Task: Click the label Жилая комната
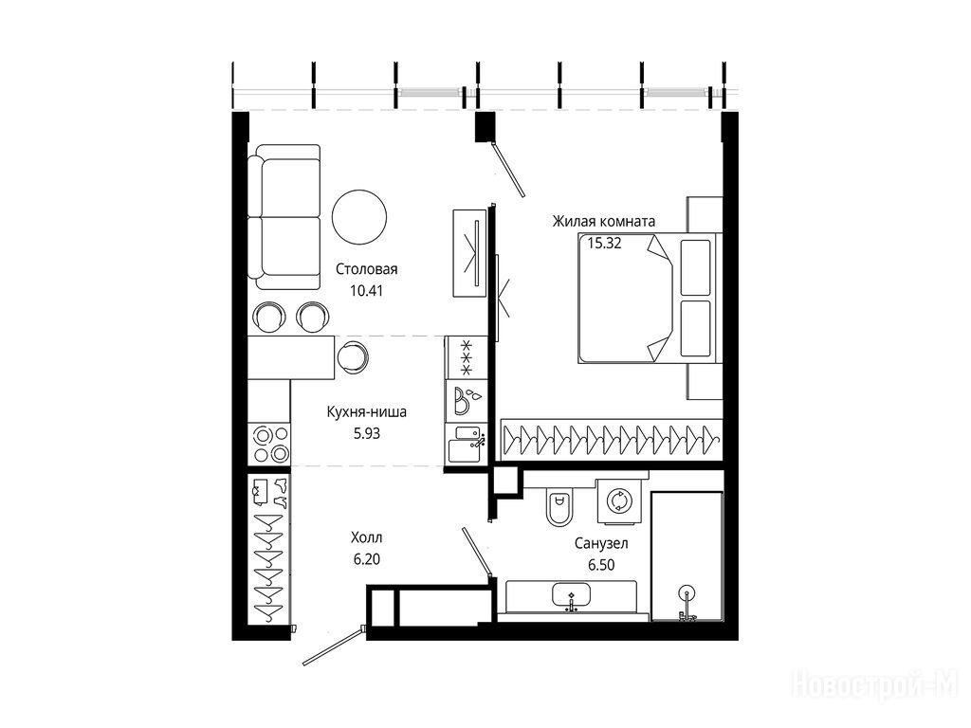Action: click(x=604, y=221)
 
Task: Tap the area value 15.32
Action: click(x=604, y=244)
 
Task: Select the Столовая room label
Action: click(x=367, y=269)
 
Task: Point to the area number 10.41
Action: click(x=367, y=290)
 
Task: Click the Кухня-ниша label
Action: click(x=367, y=411)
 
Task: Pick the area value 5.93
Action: click(x=367, y=434)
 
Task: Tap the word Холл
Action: click(x=367, y=537)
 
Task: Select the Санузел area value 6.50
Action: click(x=601, y=565)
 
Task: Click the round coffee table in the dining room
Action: click(x=359, y=217)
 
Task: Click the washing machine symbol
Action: click(x=618, y=500)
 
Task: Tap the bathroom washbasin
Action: click(x=571, y=595)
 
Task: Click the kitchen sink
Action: click(x=466, y=443)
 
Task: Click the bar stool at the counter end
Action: click(x=353, y=355)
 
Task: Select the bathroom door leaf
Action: click(x=477, y=553)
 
